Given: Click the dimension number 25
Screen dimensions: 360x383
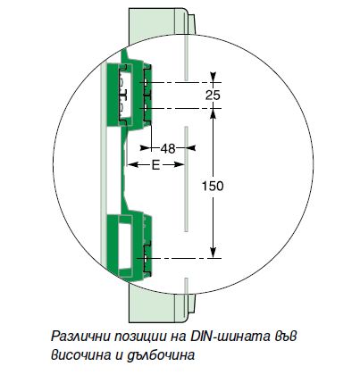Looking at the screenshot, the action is pyautogui.click(x=213, y=96).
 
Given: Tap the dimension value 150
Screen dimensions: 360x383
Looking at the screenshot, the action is pyautogui.click(x=213, y=187).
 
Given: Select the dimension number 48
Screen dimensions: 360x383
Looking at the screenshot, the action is pyautogui.click(x=168, y=148).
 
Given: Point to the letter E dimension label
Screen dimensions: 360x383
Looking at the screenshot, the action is pyautogui.click(x=155, y=165).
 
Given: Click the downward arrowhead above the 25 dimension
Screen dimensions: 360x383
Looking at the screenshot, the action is pyautogui.click(x=213, y=77).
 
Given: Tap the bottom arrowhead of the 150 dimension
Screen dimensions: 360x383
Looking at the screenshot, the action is pyautogui.click(x=213, y=253).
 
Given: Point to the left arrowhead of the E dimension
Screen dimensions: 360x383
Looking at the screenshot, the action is pyautogui.click(x=133, y=164).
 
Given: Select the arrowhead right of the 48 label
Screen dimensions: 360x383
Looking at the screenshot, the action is pyautogui.click(x=190, y=147).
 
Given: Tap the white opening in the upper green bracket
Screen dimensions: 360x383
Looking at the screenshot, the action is pyautogui.click(x=127, y=95).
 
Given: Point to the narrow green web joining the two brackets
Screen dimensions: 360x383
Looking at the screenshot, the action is pyautogui.click(x=124, y=170).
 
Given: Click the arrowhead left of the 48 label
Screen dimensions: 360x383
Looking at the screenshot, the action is pyautogui.click(x=146, y=147).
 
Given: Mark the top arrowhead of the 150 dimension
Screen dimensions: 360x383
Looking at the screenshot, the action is pyautogui.click(x=213, y=113).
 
